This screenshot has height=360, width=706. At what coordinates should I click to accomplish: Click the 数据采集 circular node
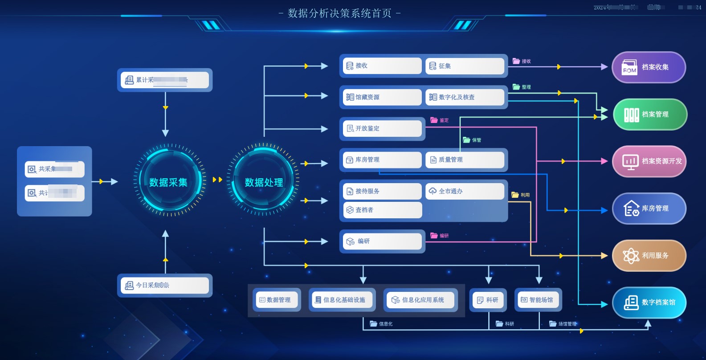[168, 182]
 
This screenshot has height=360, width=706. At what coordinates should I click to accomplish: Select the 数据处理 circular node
[264, 182]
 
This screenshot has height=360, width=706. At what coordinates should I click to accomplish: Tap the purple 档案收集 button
[649, 67]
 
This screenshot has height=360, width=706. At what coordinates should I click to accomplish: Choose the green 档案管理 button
[650, 115]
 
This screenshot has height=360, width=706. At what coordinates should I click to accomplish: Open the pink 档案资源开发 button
[649, 161]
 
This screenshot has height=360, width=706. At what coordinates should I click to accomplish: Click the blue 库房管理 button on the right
[649, 209]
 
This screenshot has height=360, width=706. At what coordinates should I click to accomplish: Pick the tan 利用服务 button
[649, 256]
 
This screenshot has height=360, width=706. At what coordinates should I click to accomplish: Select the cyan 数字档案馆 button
[649, 303]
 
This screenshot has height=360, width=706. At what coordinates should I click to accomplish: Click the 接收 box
[382, 66]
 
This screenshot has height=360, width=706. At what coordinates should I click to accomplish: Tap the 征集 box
[465, 66]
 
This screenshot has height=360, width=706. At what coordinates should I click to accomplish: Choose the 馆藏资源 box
[382, 97]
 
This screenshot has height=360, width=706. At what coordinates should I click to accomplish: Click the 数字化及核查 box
[465, 97]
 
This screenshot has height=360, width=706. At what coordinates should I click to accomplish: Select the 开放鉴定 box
[382, 128]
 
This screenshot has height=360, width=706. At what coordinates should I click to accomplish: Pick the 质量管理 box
[465, 160]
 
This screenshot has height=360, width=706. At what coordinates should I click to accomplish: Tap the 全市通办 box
[465, 191]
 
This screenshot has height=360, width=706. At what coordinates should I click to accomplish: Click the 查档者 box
[382, 210]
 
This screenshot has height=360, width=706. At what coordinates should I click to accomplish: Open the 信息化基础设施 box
[342, 300]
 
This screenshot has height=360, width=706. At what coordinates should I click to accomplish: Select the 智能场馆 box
[538, 300]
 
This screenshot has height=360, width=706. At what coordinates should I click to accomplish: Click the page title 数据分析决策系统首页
[339, 13]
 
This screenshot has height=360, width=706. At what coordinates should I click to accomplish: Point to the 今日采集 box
[165, 285]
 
